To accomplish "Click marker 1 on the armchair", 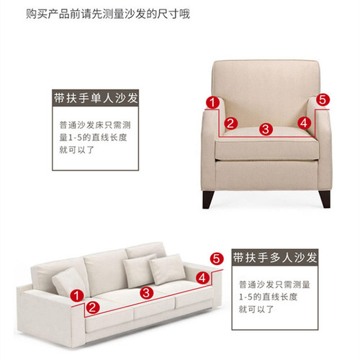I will click(x=212, y=102).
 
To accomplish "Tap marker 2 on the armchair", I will click(x=230, y=123).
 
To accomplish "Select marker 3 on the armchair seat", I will click(x=265, y=130).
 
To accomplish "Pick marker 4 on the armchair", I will click(x=303, y=123).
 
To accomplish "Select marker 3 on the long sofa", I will click(x=146, y=292).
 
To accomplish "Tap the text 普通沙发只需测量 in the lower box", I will click(x=274, y=284).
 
